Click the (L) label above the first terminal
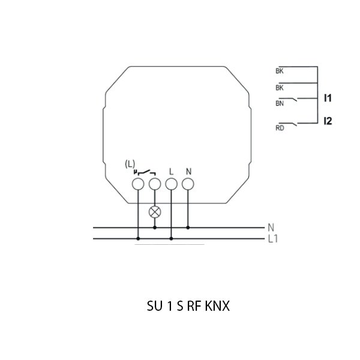131,164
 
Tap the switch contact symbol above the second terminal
146,173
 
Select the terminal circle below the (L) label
138,184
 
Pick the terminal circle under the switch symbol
155,184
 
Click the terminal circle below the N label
188,184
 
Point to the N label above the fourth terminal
188,171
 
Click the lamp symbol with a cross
155,211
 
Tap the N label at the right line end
271,227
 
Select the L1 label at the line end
273,238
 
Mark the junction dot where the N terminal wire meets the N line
188,227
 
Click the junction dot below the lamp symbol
155,227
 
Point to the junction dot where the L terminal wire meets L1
172,238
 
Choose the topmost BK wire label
280,71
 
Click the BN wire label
280,103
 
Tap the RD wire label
280,127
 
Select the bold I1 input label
328,97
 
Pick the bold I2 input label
328,121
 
